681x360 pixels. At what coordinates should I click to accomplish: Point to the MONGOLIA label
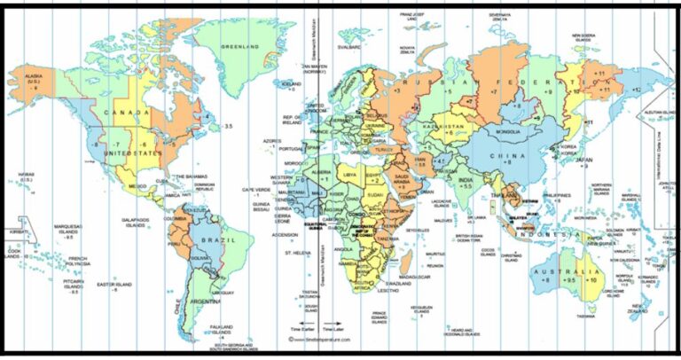click(508, 132)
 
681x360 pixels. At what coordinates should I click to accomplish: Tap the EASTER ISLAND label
click(115, 285)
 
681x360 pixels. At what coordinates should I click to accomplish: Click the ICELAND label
click(291, 83)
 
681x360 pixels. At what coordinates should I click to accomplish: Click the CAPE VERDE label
click(256, 190)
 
